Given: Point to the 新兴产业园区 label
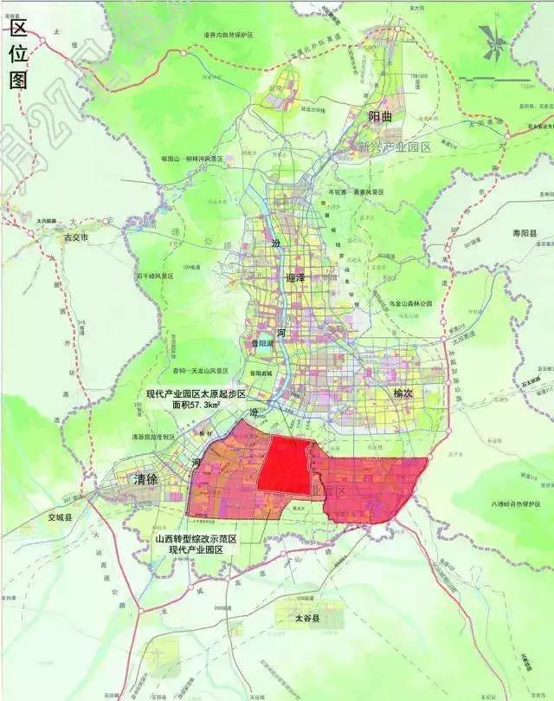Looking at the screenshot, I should tap(394, 147).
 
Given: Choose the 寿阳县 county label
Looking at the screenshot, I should tap(522, 234).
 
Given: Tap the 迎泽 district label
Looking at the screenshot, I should tap(295, 277).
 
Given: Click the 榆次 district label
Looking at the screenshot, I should tap(405, 393).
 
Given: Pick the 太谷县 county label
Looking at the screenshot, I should tap(305, 619).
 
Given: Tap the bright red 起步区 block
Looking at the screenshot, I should tap(287, 464).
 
